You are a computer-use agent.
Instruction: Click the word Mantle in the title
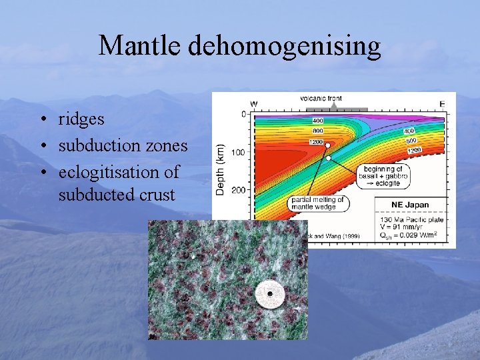click(x=141, y=46)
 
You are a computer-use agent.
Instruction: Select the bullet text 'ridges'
click(x=81, y=119)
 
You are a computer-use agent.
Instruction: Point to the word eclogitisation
click(x=119, y=172)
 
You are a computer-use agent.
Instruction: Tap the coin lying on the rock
click(x=269, y=293)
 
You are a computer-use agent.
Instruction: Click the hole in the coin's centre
click(x=269, y=293)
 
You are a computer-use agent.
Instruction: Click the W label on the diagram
click(x=254, y=103)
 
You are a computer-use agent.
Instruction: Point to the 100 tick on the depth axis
click(x=237, y=152)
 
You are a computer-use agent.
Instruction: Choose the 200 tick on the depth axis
click(x=237, y=189)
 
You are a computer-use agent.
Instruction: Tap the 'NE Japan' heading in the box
click(x=410, y=204)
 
